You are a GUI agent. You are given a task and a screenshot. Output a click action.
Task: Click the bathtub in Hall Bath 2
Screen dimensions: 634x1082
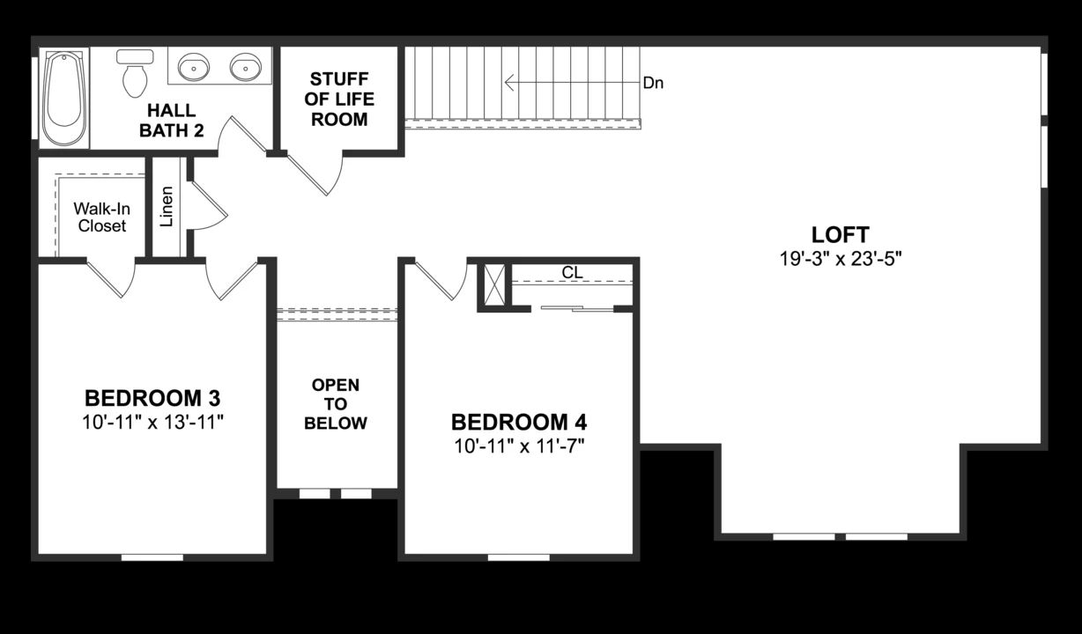65,97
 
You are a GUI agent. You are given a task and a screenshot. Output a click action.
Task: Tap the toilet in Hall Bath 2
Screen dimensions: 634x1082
135,74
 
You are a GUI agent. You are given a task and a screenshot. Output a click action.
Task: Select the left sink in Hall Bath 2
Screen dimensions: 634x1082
194,66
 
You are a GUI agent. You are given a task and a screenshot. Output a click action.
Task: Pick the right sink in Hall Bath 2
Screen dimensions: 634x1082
246,66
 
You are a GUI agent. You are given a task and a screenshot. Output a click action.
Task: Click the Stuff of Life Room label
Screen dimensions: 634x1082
339,100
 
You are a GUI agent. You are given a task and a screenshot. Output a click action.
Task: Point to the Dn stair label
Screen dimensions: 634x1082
653,84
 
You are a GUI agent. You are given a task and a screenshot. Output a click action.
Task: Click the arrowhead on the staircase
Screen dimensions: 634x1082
509,83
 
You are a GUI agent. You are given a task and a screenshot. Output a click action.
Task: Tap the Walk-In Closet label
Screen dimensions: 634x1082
100,217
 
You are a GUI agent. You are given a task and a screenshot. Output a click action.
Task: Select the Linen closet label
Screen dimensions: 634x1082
167,206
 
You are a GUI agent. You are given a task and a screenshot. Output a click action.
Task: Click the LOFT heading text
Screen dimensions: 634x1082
840,235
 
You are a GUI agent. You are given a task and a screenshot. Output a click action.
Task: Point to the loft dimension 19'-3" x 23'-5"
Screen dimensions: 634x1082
840,259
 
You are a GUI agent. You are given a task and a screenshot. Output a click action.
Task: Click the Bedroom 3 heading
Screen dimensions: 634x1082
152,395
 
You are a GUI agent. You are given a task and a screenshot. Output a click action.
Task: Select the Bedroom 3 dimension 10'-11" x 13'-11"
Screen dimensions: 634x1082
152,421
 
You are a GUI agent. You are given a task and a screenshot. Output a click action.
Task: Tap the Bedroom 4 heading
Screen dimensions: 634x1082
519,421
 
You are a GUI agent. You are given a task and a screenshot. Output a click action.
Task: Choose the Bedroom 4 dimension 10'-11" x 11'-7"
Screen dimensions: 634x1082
519,446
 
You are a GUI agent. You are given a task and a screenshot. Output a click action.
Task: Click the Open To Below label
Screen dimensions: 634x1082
336,404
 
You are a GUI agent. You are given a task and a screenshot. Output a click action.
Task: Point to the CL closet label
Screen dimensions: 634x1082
572,273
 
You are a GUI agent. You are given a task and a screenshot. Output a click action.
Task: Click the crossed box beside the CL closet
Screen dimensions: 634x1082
494,284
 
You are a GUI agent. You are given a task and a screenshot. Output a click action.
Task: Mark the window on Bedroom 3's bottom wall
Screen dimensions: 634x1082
152,557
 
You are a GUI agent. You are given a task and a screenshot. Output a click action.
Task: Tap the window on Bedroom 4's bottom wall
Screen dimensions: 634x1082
518,557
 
